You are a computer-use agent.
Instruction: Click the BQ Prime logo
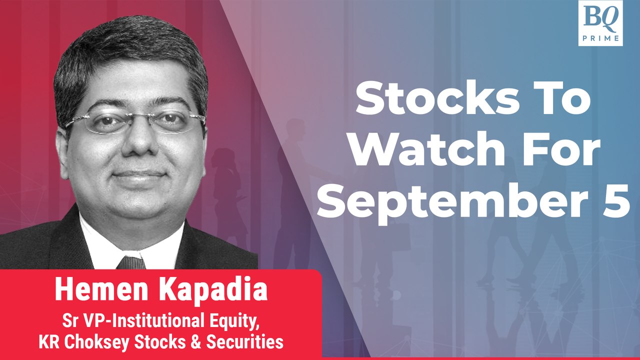point(600,23)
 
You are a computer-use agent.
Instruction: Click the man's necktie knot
point(131,262)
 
